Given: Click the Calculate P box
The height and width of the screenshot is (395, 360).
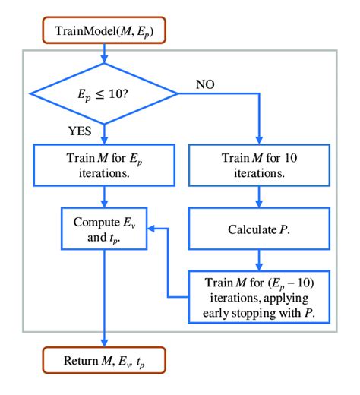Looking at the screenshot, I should pos(261,227).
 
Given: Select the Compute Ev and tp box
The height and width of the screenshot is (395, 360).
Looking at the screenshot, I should pos(105,229).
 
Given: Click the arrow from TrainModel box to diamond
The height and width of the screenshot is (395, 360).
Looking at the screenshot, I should pos(104,54).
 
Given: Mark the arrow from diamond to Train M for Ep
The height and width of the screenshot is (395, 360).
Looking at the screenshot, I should pos(105,130).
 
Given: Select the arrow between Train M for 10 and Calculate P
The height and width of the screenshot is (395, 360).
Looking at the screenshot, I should pos(261,195).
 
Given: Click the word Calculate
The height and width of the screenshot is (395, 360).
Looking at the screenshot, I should pos(250,227).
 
